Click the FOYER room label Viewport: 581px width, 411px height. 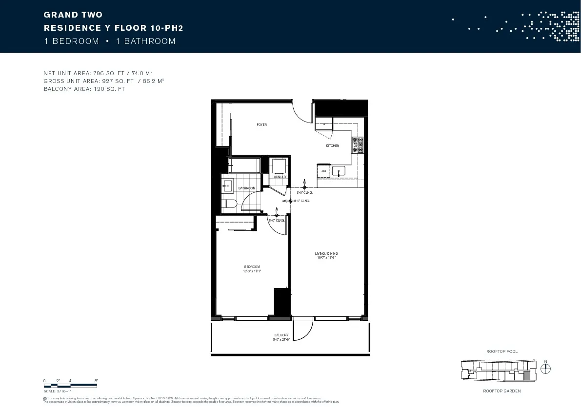click(x=262, y=125)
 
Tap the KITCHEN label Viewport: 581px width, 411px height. click(x=333, y=146)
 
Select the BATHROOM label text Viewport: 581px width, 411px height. click(x=247, y=188)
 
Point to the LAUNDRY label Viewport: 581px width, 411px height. click(x=280, y=177)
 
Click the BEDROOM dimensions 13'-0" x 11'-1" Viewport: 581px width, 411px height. click(x=252, y=271)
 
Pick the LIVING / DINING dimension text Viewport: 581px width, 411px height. click(x=326, y=257)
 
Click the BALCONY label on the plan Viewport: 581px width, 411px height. click(x=281, y=335)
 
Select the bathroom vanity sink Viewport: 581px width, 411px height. click(x=227, y=185)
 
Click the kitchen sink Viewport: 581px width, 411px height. click(x=339, y=171)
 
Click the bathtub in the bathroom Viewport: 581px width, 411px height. click(x=244, y=165)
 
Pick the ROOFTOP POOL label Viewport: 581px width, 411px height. click(x=501, y=351)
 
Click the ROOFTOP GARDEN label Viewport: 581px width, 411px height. click(x=501, y=391)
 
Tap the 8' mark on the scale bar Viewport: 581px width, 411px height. click(x=96, y=380)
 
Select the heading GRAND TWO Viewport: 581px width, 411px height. click(x=73, y=15)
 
